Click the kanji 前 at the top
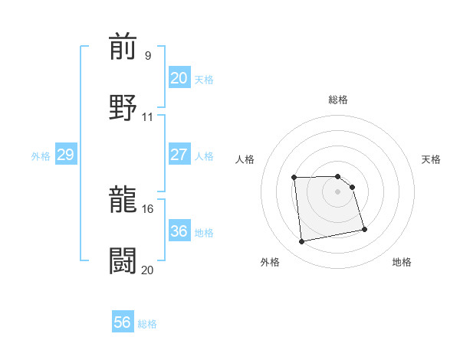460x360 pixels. tap(123, 47)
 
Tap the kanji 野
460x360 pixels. tap(123, 106)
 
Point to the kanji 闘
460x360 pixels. tap(123, 260)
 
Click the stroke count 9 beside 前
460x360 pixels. tap(147, 55)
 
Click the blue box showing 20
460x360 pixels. tap(179, 78)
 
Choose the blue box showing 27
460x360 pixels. tap(179, 155)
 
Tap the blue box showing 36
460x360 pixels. tap(179, 231)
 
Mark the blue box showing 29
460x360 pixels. tap(65, 155)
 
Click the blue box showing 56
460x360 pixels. tap(123, 322)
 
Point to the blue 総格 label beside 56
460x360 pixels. tap(147, 324)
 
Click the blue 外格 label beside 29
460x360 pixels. tap(41, 156)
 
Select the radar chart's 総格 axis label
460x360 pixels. tap(338, 100)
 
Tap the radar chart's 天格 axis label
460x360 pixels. tap(432, 159)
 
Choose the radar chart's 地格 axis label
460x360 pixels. tap(402, 263)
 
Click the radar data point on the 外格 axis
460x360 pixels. tap(302, 242)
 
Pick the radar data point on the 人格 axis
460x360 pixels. tap(294, 178)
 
